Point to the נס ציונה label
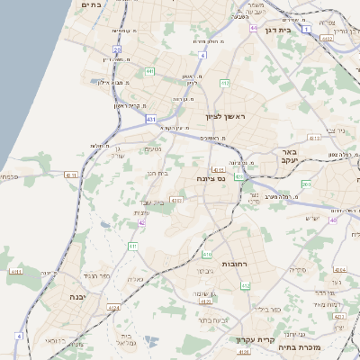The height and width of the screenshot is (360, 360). (210, 178)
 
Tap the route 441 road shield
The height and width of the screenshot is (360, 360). (148, 70)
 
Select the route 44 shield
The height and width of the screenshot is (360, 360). (254, 28)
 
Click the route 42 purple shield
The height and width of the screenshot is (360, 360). (142, 221)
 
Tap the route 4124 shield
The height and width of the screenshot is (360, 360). (113, 308)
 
